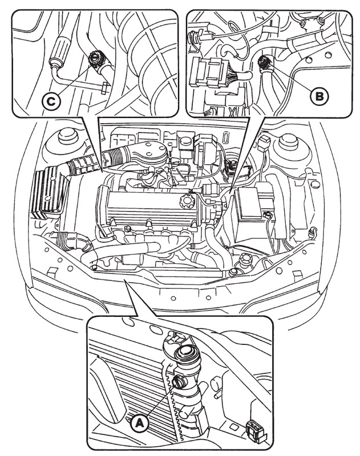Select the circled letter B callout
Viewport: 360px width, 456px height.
(x=319, y=95)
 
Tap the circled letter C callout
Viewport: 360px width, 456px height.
(x=51, y=102)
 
